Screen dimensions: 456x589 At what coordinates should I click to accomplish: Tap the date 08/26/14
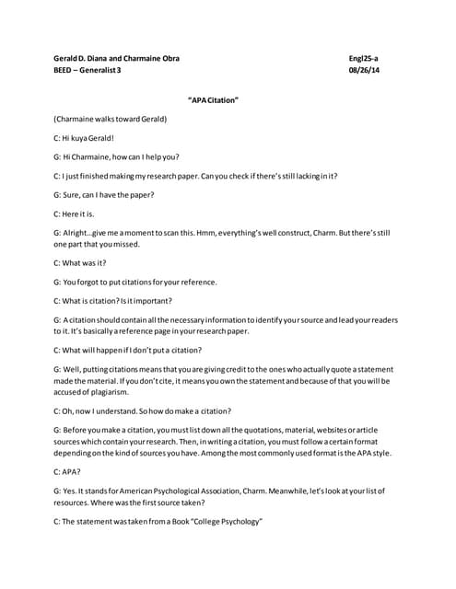click(x=364, y=71)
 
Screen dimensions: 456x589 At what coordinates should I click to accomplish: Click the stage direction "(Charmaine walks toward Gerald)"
click(x=111, y=119)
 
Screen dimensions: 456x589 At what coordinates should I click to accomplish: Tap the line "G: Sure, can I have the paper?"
click(x=104, y=194)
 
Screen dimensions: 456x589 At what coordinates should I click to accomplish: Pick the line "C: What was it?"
click(x=80, y=262)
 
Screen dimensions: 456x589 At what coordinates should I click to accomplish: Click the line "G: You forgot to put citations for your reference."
click(x=135, y=281)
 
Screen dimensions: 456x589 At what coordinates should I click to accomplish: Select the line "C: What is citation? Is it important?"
click(x=112, y=300)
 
